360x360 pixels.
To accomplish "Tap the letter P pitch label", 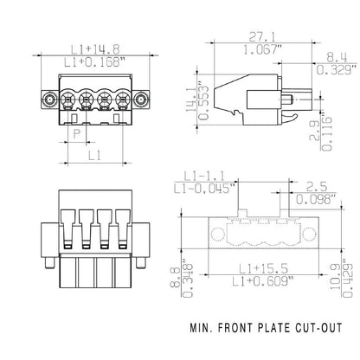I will tap(77, 134).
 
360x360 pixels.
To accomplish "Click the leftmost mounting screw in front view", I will tap(53, 100).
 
